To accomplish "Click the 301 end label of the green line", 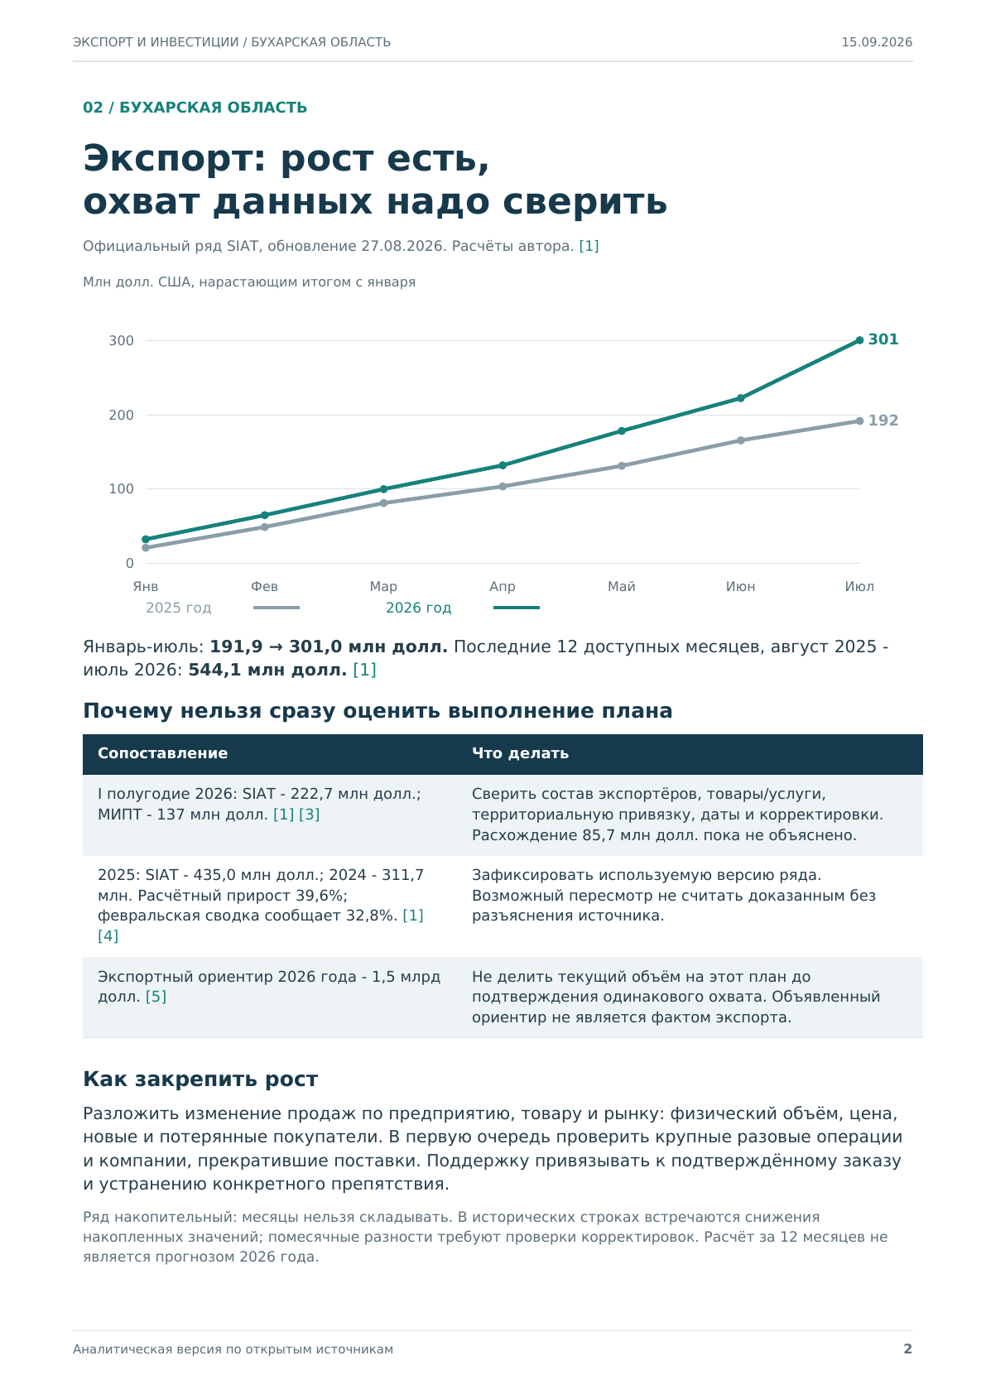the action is coord(883,339).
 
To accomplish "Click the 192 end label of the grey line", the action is coord(883,421).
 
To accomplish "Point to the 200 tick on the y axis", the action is coord(122,415).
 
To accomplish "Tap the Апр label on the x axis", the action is coord(503,586).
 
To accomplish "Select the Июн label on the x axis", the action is coord(740,586).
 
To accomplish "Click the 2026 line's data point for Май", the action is coord(621,430).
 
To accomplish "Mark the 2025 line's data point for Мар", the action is coord(383,502).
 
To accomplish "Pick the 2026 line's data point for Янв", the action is coord(146,539).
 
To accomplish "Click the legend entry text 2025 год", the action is coord(179,608).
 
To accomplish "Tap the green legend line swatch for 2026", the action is coord(516,608).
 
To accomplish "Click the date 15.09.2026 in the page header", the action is coord(877,42).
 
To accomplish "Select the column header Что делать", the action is coord(520,753).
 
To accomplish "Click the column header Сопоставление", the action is coord(162,753).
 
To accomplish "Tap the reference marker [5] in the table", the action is coord(156,997).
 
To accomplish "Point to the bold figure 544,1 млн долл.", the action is coord(267,670).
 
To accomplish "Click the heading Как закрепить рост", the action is coord(200,1079).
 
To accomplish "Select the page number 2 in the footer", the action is coord(907,1348).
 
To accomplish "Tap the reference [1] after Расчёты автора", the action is coord(589,246).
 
